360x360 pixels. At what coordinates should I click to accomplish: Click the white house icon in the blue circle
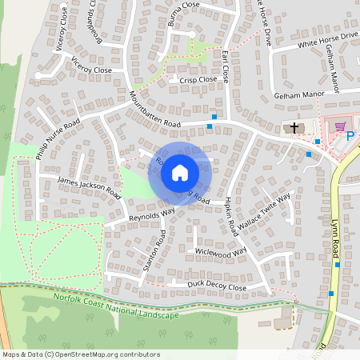pos(180,173)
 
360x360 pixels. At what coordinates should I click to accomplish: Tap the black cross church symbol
pos(294,127)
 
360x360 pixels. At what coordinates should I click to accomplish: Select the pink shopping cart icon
pos(340,126)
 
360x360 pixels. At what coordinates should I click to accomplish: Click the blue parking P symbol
pos(350,137)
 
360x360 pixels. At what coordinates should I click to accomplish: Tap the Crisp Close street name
pos(198,80)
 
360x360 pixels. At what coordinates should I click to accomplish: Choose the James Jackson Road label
pos(90,188)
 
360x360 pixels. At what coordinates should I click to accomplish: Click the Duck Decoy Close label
pos(216,286)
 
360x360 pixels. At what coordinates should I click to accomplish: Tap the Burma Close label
pos(185,14)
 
